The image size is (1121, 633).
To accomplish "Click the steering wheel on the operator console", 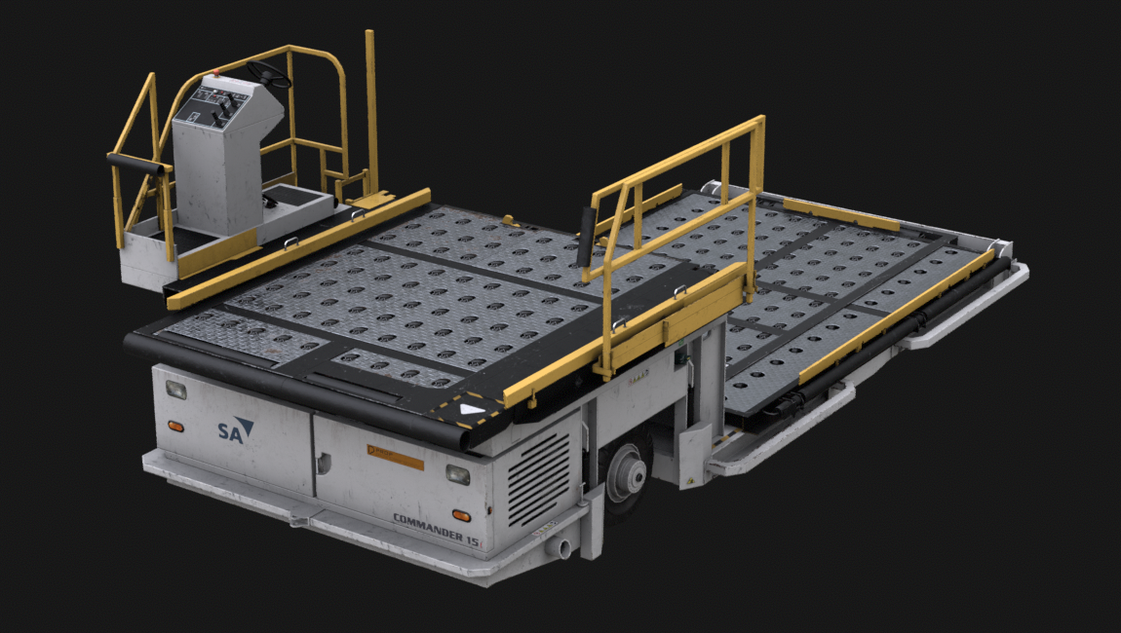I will click(x=268, y=73).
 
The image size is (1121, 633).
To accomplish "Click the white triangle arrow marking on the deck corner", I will click(x=472, y=409).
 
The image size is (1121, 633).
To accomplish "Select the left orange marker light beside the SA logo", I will click(x=175, y=426).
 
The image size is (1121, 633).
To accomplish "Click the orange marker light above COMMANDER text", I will click(x=458, y=514).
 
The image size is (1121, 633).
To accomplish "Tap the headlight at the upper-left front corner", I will click(x=176, y=391).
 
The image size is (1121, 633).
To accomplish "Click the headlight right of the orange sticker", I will click(x=456, y=474).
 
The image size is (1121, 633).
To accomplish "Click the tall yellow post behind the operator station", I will click(x=371, y=107).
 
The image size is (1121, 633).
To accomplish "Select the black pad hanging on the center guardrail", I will click(x=586, y=237).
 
